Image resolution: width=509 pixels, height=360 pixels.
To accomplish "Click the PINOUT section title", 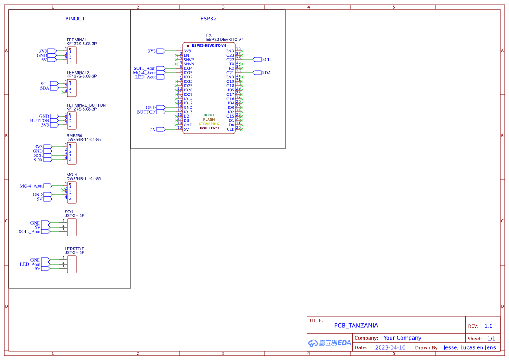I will pyautogui.click(x=75, y=19).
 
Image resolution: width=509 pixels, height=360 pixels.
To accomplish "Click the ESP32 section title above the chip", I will pyautogui.click(x=208, y=19).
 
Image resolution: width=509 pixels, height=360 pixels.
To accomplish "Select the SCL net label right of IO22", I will pyautogui.click(x=266, y=60).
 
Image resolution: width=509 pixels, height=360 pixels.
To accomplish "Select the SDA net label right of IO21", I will pyautogui.click(x=266, y=73).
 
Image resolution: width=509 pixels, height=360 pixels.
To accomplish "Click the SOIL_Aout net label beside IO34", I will pyautogui.click(x=145, y=68).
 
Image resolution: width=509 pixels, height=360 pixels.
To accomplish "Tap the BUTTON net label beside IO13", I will pyautogui.click(x=146, y=112).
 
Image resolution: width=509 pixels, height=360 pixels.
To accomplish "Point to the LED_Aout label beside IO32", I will pyautogui.click(x=145, y=77).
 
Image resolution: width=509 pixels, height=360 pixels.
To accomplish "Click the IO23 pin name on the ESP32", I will pyautogui.click(x=229, y=55).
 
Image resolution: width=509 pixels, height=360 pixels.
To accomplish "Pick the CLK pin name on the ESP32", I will pyautogui.click(x=230, y=129).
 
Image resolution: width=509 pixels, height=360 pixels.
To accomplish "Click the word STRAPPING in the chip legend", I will pyautogui.click(x=209, y=124).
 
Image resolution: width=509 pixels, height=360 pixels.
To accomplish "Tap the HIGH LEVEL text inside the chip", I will pyautogui.click(x=209, y=128).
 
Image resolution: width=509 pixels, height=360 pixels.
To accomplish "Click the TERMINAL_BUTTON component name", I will pyautogui.click(x=86, y=105).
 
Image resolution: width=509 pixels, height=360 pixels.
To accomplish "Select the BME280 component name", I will pyautogui.click(x=74, y=136).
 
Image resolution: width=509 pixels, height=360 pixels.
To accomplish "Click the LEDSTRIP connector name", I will pyautogui.click(x=74, y=249).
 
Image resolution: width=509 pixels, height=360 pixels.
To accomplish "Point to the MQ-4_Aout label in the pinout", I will pyautogui.click(x=31, y=186).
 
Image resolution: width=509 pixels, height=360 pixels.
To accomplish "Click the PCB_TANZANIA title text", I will pyautogui.click(x=356, y=326).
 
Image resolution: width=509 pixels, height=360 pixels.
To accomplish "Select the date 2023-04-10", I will pyautogui.click(x=390, y=347).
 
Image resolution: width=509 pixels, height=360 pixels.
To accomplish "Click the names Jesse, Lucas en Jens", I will pyautogui.click(x=469, y=347).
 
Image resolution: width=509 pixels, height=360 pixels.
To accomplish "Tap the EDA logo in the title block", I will pyautogui.click(x=330, y=343).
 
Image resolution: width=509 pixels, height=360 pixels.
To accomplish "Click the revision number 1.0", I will pyautogui.click(x=489, y=326).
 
